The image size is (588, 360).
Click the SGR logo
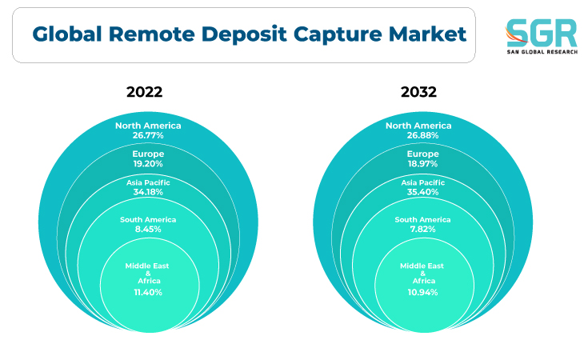pos(541,36)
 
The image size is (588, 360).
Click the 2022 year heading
pos(144,92)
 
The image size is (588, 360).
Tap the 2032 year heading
pos(418,92)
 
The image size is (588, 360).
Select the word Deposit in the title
pos(244,34)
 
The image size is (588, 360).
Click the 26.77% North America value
pos(148,135)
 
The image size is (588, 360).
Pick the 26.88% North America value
pos(422,135)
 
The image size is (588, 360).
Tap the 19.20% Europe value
pos(148,164)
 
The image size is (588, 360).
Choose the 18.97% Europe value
pos(422,164)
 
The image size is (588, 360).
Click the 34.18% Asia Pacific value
pos(148,192)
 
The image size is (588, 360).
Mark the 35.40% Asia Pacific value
pos(422,192)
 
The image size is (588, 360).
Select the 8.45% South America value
pos(148,229)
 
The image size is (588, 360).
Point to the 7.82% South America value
pos(422,229)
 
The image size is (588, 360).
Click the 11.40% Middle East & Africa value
pos(148,293)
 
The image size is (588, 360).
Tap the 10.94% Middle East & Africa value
pos(422,293)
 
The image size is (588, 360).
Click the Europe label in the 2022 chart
pos(148,154)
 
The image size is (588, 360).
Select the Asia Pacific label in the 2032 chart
pos(422,182)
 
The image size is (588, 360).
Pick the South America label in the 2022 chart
pos(148,220)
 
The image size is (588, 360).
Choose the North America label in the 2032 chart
pos(418,126)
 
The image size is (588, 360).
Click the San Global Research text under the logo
pos(542,52)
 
